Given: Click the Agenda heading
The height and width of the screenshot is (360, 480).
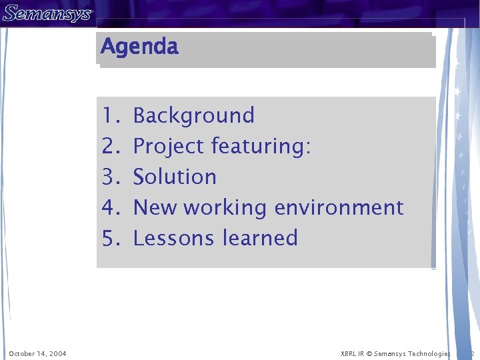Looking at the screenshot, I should click(x=139, y=47).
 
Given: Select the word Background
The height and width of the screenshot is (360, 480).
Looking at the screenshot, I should click(x=193, y=115).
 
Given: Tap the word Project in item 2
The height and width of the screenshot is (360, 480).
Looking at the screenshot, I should click(x=169, y=146).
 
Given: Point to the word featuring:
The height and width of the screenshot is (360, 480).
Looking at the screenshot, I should click(x=261, y=146).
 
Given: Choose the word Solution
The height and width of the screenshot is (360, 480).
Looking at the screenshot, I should click(x=175, y=177).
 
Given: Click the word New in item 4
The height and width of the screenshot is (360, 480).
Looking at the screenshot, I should click(x=156, y=207).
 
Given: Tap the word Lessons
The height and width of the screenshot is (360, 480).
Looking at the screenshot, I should click(x=175, y=238).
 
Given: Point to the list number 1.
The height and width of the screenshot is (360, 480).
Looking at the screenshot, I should click(x=110, y=115).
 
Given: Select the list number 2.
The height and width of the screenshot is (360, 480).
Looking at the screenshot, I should click(x=110, y=146).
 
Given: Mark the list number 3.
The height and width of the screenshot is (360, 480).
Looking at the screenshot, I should click(x=110, y=177).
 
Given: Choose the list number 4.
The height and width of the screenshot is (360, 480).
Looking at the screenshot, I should click(x=110, y=207).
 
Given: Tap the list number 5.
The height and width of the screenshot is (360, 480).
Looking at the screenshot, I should click(x=110, y=238).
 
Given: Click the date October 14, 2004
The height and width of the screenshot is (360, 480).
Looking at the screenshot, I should click(x=37, y=353).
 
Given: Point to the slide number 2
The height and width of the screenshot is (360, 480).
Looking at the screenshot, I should click(x=471, y=353).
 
